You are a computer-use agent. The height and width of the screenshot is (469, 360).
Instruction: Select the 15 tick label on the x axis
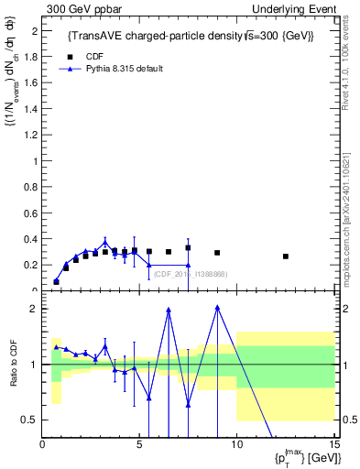point(333,445)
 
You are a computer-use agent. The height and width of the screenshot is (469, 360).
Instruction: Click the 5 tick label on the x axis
point(139,445)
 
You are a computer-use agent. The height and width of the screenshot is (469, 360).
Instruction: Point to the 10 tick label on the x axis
point(236,445)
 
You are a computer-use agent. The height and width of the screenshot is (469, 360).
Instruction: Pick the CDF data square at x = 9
point(217,253)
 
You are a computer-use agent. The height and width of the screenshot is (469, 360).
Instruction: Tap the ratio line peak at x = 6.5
point(169,310)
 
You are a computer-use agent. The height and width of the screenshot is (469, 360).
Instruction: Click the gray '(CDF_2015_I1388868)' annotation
point(191,274)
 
